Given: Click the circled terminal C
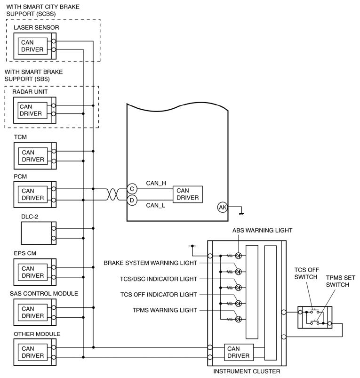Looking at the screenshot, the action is (x=132, y=189).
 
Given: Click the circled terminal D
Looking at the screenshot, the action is (x=132, y=201).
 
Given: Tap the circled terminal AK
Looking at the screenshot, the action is (x=223, y=207).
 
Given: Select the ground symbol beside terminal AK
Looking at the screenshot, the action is (x=241, y=214).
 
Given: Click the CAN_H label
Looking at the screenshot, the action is (x=156, y=183).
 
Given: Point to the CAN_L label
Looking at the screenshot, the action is (x=155, y=205).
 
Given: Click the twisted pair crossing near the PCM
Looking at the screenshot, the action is (x=112, y=194).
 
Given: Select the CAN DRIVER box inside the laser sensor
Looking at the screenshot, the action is (x=32, y=46).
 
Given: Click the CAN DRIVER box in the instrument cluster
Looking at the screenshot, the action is (x=239, y=352).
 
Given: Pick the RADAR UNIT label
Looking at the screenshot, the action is (x=30, y=92).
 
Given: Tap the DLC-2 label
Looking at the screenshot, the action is (x=30, y=217).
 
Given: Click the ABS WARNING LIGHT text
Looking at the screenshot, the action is (x=262, y=230).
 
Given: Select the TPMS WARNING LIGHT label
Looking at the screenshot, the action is (x=165, y=310).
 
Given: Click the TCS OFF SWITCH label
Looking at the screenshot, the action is (x=306, y=273).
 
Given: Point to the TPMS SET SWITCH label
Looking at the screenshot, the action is (x=341, y=281).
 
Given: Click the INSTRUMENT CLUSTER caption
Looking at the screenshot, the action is (x=247, y=371).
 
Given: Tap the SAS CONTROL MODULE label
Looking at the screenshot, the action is (x=44, y=293).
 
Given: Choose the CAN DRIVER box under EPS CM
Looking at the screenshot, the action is (x=33, y=272).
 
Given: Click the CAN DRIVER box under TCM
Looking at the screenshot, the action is (x=33, y=156).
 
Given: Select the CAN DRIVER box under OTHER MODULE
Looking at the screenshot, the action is (x=33, y=352).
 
